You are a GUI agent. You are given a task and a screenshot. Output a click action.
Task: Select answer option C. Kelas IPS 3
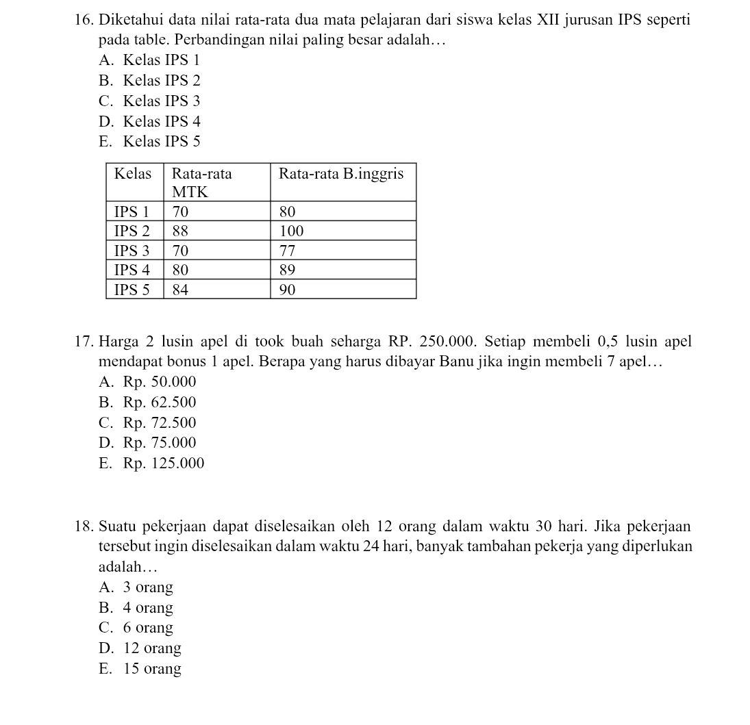[149, 101]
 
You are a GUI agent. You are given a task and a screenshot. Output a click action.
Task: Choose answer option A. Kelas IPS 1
[149, 60]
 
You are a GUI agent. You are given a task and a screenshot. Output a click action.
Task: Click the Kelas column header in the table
[133, 174]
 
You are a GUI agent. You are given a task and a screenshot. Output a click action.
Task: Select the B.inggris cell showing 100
[291, 231]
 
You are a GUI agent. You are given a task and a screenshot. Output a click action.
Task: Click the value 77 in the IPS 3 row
[287, 250]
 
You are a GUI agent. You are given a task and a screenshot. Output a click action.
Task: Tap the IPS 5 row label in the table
[132, 290]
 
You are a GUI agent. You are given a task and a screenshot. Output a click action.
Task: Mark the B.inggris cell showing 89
[287, 270]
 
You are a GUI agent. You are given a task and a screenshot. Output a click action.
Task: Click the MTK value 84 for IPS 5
[180, 290]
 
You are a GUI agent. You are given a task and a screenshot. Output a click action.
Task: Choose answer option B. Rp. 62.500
[147, 403]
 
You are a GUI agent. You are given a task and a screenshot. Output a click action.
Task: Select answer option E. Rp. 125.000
[151, 463]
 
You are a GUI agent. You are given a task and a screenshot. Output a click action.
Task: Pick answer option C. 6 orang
[136, 628]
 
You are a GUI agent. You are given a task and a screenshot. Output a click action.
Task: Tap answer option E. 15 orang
[140, 669]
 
